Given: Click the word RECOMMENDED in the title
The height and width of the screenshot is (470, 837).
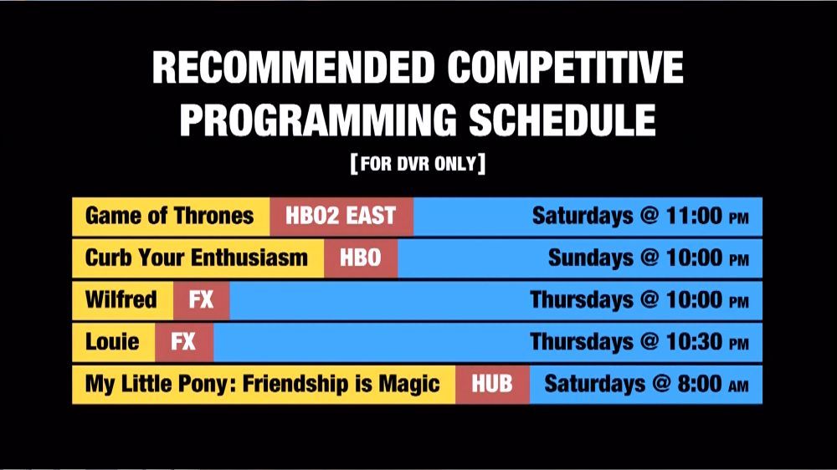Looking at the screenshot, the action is (294, 67).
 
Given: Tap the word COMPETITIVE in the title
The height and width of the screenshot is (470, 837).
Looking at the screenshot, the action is (565, 67).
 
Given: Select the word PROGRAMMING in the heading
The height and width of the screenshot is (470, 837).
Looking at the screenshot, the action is (318, 120).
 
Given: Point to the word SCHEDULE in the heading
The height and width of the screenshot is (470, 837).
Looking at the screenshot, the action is (562, 120).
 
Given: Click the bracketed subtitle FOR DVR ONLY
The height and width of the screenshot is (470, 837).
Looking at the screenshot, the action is (418, 163).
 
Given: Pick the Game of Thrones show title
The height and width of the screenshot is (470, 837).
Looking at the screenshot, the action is (169, 216).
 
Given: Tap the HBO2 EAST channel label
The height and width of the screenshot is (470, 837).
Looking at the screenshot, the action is (341, 216).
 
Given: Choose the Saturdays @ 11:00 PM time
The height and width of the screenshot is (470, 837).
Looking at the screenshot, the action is (640, 216).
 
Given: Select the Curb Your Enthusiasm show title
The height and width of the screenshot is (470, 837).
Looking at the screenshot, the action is (197, 258).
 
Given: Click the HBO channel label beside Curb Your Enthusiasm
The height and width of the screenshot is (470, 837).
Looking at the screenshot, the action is (360, 258).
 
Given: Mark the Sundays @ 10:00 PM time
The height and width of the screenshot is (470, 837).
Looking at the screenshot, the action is (649, 258).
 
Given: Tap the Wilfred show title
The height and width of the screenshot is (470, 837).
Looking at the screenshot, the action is (121, 299).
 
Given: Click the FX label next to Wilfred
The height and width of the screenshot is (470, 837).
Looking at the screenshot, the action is (201, 300).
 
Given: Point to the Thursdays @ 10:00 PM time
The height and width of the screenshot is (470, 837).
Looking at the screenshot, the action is (639, 299).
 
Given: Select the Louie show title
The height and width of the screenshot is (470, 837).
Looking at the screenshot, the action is (112, 341).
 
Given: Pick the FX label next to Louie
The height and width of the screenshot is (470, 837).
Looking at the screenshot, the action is (183, 341).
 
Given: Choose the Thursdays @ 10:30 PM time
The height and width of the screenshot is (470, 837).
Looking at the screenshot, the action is (639, 341).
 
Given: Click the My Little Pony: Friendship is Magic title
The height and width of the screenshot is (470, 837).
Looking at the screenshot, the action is (262, 384).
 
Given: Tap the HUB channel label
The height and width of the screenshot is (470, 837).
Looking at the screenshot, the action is (491, 384).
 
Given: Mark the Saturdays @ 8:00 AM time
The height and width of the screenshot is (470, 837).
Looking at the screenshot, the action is (646, 384).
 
